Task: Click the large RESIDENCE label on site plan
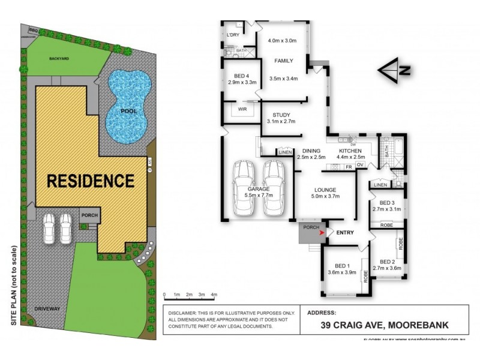click(x=91, y=181)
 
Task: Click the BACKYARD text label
click(x=59, y=59)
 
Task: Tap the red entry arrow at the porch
click(x=325, y=232)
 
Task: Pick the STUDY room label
click(x=281, y=118)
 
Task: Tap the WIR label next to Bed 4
click(x=243, y=110)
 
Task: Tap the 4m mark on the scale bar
click(x=214, y=295)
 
